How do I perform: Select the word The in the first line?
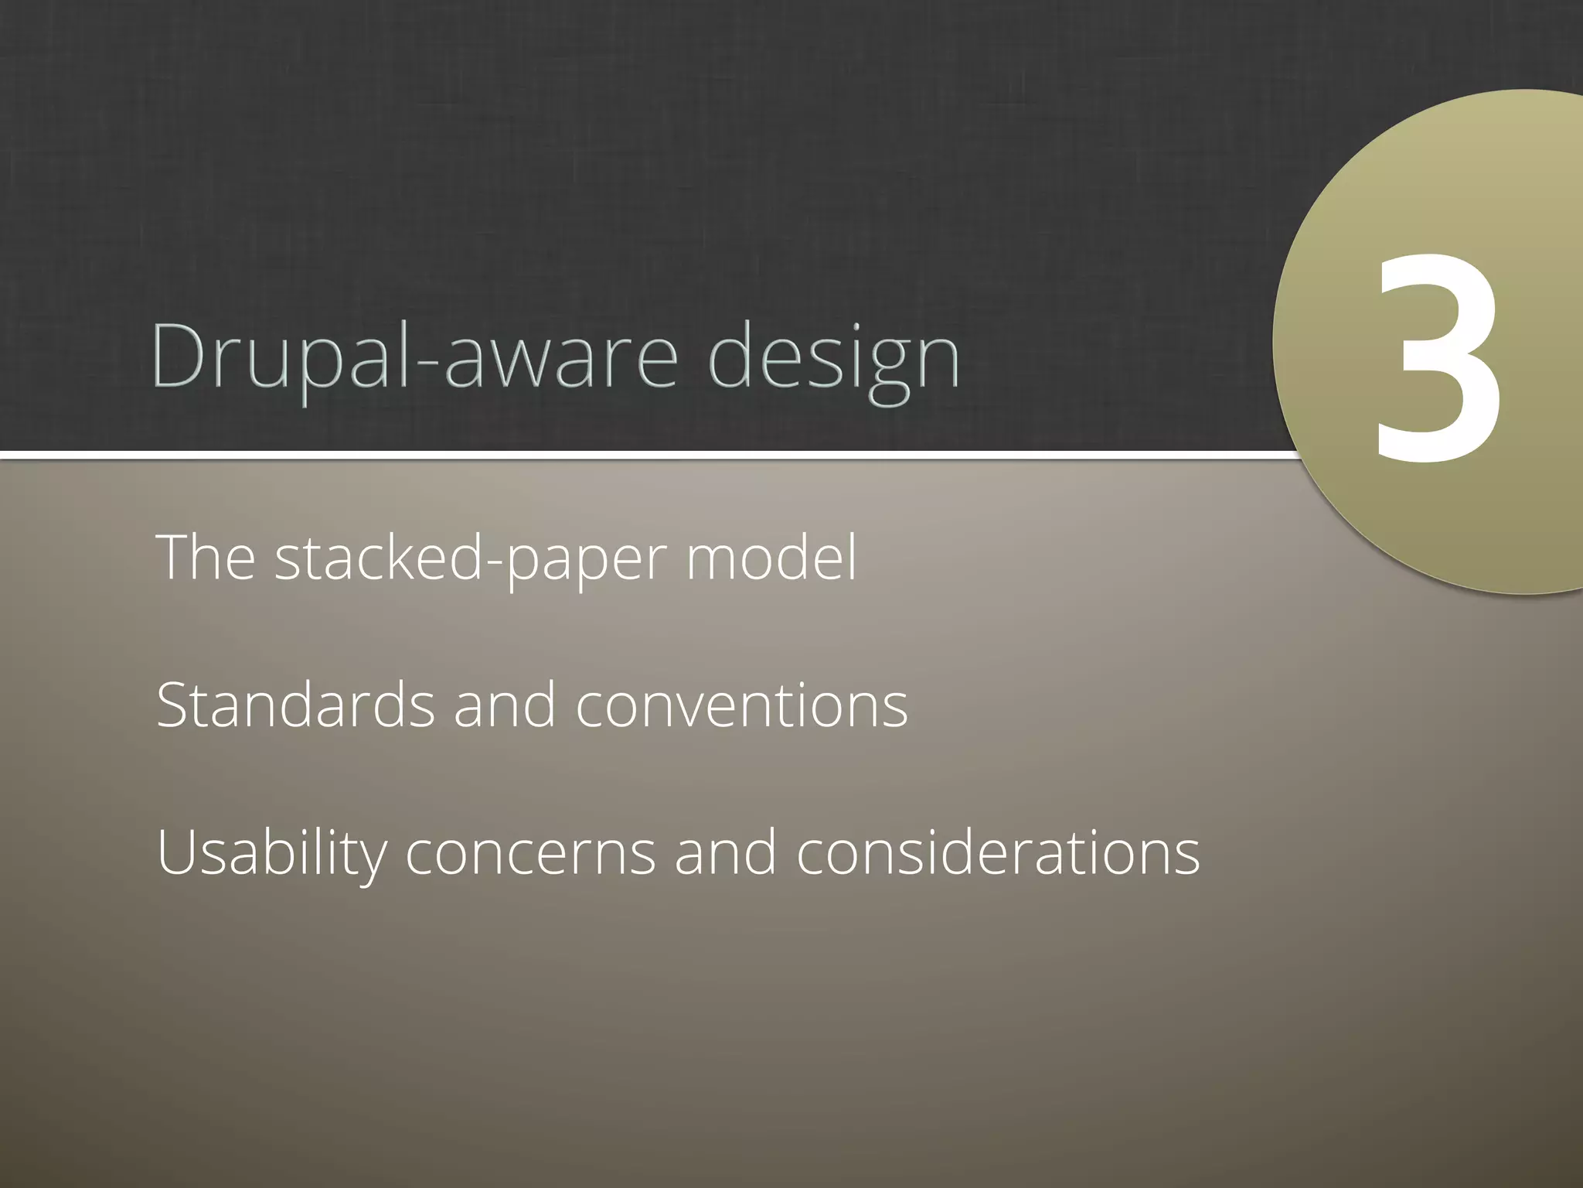(x=206, y=557)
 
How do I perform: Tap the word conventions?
(x=741, y=706)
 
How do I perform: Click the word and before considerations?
(x=725, y=852)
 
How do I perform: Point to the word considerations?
(x=998, y=852)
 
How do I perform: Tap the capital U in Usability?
(x=177, y=851)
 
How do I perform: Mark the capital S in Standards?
(x=175, y=705)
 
